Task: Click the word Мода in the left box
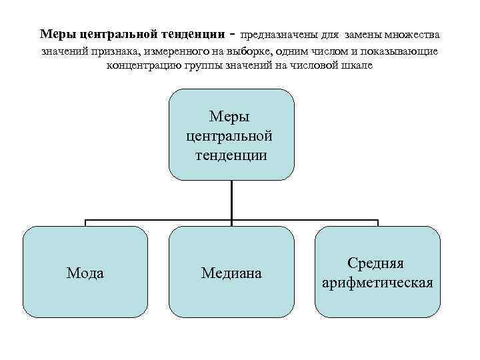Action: coord(85,273)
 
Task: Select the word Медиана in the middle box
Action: coord(231,273)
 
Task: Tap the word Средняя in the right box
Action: coord(377,264)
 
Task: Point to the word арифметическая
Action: coord(377,283)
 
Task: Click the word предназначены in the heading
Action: coord(276,34)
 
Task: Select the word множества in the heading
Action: coord(413,34)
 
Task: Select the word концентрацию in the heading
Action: coord(141,66)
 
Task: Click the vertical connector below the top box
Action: coord(231,200)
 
